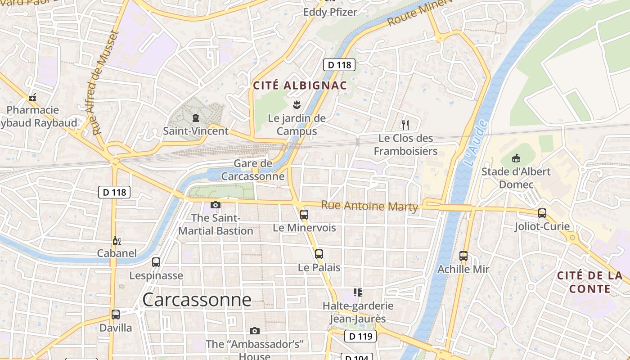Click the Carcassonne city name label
point(197,300)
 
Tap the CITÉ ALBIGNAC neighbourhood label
point(300,85)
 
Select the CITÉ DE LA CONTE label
point(590,282)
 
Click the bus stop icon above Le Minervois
point(304,214)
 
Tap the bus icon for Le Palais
point(319,254)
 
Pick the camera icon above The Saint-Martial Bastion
point(216,205)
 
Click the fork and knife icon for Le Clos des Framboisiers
point(405,125)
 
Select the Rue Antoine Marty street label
point(369,206)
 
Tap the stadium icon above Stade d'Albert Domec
point(516,158)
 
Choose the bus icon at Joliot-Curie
point(542,213)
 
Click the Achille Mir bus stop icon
point(463,256)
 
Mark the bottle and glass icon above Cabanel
point(117,240)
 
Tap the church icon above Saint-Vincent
point(196,118)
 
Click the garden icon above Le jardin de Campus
point(297,105)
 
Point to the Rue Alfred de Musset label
point(104,83)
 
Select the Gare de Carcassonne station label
point(253,170)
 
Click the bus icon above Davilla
point(116,315)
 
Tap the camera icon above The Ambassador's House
point(255,331)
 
